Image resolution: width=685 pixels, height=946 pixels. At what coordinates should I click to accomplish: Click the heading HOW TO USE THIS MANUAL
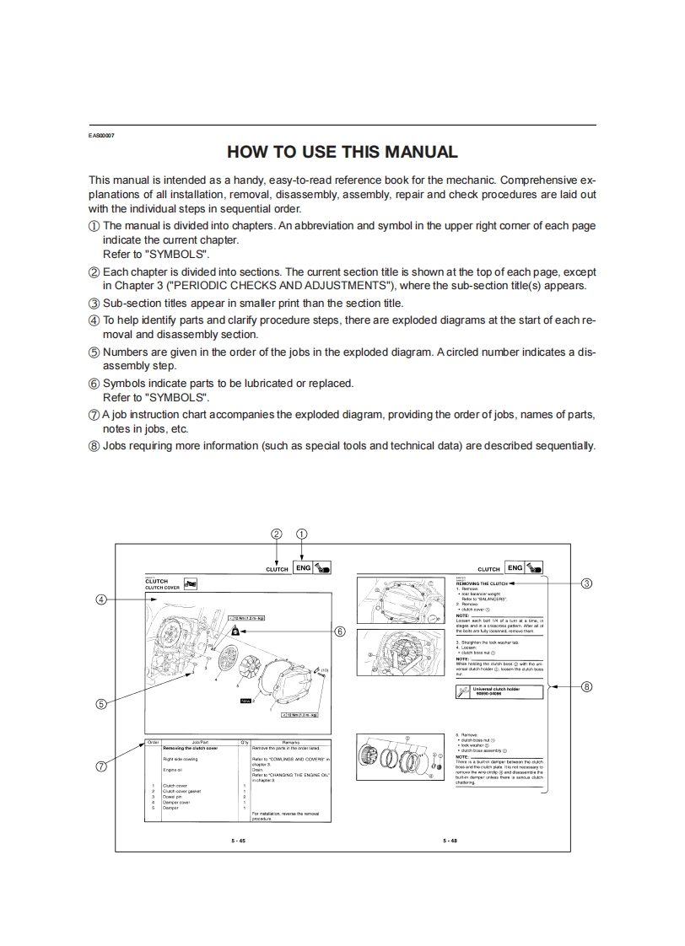[342, 153]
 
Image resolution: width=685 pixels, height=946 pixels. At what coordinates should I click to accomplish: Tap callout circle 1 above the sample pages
[302, 533]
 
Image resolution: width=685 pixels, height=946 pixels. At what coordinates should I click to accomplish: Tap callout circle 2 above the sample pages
[276, 533]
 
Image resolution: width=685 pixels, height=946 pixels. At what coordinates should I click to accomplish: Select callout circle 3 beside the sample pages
[587, 582]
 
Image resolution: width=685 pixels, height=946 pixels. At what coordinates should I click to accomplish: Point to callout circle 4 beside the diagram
[100, 599]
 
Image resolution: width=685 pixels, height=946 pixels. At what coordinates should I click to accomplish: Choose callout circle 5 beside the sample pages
[100, 705]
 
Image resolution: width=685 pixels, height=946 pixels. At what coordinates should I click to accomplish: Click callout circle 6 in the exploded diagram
[340, 630]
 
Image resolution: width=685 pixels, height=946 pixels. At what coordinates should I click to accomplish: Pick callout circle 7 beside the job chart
[100, 766]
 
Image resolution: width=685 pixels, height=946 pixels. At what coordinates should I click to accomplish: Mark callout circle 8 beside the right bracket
[587, 686]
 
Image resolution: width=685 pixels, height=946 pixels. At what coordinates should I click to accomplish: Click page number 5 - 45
[238, 841]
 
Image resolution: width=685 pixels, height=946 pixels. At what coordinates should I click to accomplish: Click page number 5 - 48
[450, 841]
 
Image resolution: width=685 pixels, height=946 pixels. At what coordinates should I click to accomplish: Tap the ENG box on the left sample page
[304, 567]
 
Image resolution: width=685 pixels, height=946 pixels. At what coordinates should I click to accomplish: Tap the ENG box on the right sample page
[514, 567]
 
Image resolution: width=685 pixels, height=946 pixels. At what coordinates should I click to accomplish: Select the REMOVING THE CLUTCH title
[481, 583]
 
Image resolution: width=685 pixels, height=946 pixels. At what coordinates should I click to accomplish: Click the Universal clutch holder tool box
[499, 691]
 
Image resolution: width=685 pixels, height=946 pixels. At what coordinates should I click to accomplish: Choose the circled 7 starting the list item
[94, 415]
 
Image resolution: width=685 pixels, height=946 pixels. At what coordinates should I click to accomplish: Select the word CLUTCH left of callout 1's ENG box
[277, 569]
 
